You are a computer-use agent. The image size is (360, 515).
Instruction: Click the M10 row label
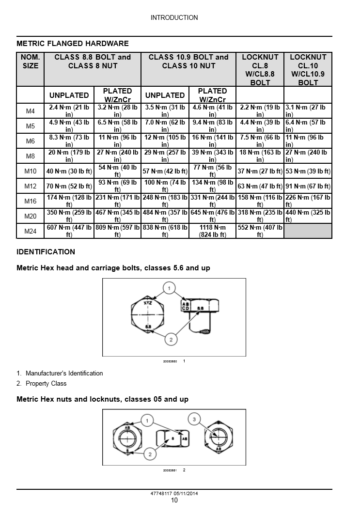(30, 172)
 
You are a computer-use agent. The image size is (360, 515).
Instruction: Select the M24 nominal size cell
(30, 232)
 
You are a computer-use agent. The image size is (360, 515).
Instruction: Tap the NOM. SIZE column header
(30, 62)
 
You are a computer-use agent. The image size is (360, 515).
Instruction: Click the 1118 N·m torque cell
(212, 232)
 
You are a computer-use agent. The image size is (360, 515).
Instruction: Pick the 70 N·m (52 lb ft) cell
(69, 186)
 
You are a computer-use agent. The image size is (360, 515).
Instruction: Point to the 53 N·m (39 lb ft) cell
(308, 172)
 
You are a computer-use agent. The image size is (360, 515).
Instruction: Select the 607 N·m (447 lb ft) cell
(69, 232)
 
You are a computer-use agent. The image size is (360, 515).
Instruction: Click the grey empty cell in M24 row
(308, 232)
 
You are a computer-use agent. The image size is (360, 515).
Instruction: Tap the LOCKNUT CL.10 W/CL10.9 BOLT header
(308, 70)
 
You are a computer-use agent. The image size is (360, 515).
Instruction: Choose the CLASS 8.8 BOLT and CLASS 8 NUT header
(93, 62)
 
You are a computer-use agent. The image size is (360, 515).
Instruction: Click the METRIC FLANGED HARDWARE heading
(73, 44)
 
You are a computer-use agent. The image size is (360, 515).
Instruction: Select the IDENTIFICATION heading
(46, 252)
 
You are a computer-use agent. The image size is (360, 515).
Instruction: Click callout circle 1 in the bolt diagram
(169, 289)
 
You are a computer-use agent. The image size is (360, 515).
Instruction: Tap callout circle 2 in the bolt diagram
(171, 339)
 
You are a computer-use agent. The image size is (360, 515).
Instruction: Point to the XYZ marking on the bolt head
(147, 302)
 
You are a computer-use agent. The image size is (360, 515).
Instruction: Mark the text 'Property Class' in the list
(46, 384)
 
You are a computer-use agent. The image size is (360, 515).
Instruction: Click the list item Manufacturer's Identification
(64, 374)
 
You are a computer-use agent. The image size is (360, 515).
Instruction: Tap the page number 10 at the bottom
(174, 500)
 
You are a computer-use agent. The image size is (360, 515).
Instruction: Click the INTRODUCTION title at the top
(174, 18)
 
